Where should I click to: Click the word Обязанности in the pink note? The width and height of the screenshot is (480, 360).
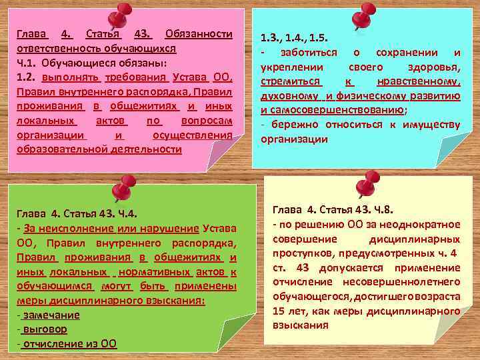[x=198, y=33]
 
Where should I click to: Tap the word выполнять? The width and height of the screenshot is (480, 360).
[x=67, y=77]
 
